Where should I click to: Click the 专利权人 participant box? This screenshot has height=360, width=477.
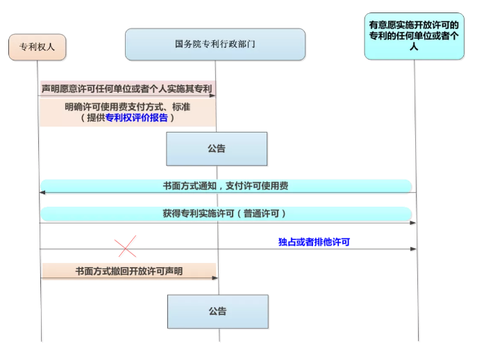[x=37, y=47]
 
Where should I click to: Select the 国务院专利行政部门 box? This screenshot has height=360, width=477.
[x=215, y=44]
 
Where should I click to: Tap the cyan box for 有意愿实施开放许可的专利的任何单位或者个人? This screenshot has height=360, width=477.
[x=414, y=36]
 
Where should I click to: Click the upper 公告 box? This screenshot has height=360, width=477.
[x=217, y=149]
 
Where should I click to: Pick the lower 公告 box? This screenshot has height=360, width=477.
[x=218, y=311]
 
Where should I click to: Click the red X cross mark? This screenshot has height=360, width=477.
[x=126, y=246]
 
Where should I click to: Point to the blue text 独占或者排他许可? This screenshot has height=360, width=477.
[x=314, y=242]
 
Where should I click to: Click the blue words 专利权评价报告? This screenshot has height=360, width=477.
[x=137, y=118]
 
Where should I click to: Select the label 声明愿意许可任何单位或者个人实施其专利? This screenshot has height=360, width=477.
[x=126, y=89]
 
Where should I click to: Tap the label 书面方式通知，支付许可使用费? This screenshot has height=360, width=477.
[x=226, y=186]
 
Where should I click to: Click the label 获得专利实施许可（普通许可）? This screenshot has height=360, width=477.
[x=224, y=214]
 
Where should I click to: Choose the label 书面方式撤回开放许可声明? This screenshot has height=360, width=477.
[x=129, y=271]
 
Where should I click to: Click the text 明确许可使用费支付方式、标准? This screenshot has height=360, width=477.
[x=128, y=107]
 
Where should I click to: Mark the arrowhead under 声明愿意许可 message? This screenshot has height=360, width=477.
[x=212, y=96]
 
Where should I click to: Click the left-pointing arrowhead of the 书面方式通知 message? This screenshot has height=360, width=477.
[x=42, y=192]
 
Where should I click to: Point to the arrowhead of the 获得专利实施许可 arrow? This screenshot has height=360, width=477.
[x=413, y=223]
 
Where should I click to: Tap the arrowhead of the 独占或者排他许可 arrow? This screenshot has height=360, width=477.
[x=413, y=249]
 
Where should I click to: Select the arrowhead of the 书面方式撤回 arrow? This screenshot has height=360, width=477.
[x=215, y=278]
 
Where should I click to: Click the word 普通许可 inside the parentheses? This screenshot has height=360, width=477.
[x=261, y=214]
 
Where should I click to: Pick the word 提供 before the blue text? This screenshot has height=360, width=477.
[x=96, y=118]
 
